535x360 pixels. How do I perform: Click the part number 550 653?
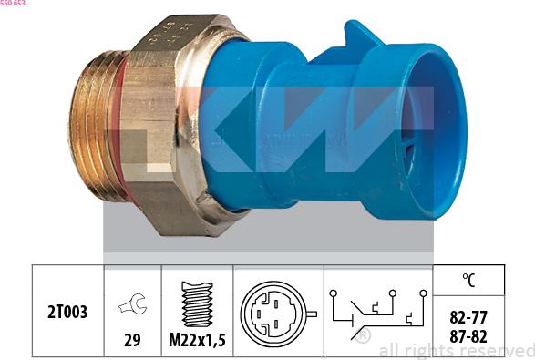[x=13, y=5]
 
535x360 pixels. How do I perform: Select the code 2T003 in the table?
[x=68, y=313]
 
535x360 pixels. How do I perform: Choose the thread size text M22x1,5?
[x=197, y=342]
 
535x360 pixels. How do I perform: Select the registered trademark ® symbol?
[x=363, y=336]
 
